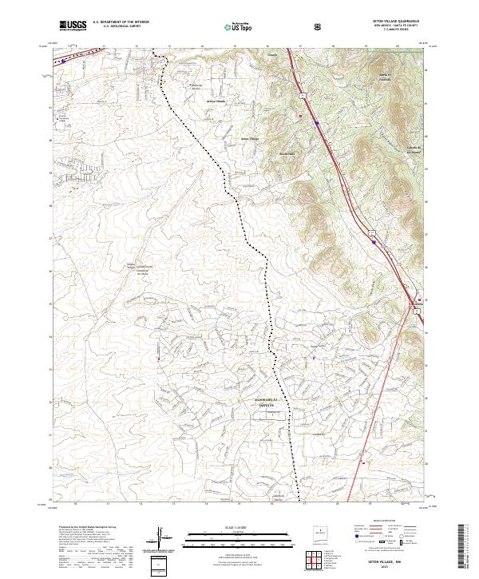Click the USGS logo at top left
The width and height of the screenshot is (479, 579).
(72, 26)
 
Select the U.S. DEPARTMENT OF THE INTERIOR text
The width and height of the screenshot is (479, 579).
(121, 22)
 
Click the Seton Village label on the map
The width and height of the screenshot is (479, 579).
(250, 138)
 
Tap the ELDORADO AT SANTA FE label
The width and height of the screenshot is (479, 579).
(264, 401)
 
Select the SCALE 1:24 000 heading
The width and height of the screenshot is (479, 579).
(239, 525)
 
